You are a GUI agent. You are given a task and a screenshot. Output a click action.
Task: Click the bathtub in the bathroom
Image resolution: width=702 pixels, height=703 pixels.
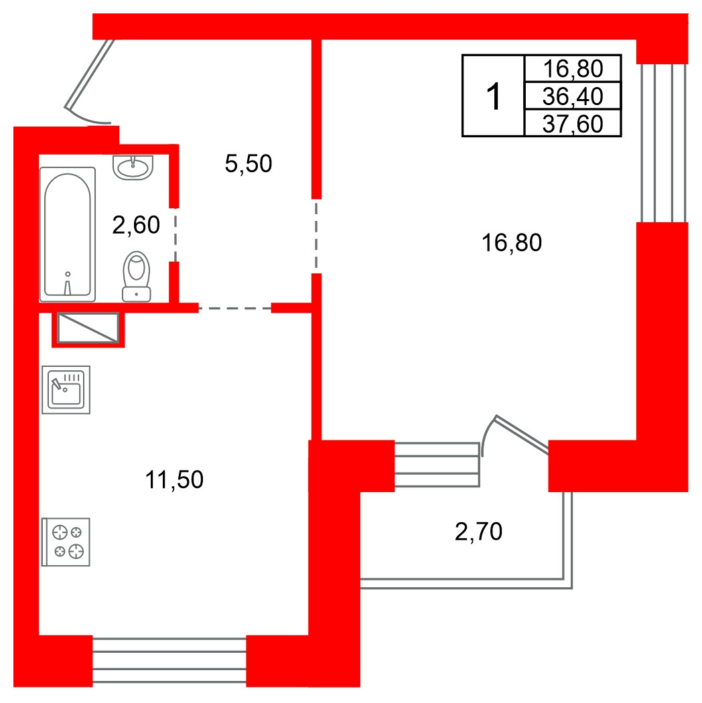(68, 234)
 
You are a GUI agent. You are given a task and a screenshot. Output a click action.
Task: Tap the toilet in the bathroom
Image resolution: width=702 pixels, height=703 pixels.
(137, 276)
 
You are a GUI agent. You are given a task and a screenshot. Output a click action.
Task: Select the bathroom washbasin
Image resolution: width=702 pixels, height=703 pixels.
(133, 167)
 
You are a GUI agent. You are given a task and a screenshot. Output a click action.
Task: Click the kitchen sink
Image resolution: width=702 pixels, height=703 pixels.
(66, 390)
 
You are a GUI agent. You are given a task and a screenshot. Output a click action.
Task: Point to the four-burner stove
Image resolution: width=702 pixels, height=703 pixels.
(66, 542)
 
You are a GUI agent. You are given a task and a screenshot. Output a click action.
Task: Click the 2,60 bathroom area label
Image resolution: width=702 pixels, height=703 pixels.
(136, 224)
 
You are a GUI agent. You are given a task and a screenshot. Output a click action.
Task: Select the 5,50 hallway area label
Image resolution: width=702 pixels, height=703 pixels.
(248, 163)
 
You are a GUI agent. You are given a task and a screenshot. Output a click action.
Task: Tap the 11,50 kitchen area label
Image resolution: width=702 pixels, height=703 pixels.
(174, 479)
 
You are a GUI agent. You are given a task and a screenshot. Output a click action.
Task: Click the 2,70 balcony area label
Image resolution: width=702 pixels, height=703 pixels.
(478, 532)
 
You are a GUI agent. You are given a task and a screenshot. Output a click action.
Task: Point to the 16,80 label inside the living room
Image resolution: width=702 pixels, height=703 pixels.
(511, 242)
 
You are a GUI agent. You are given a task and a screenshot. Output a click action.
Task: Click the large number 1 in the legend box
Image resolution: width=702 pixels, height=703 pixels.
(494, 96)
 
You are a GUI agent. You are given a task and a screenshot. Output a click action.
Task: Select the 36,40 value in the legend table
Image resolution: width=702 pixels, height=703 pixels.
(573, 96)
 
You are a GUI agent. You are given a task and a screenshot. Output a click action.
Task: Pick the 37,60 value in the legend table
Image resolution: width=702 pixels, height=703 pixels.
(573, 124)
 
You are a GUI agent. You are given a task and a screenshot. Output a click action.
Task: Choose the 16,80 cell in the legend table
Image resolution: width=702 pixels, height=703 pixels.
(573, 68)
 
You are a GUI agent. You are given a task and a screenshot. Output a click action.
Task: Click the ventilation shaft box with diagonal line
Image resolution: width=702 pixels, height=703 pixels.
(88, 328)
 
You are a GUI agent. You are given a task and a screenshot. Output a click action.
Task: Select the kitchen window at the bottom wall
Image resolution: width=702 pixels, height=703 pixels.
(169, 660)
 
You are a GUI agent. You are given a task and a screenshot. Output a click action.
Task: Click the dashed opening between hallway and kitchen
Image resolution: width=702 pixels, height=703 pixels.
(235, 309)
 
